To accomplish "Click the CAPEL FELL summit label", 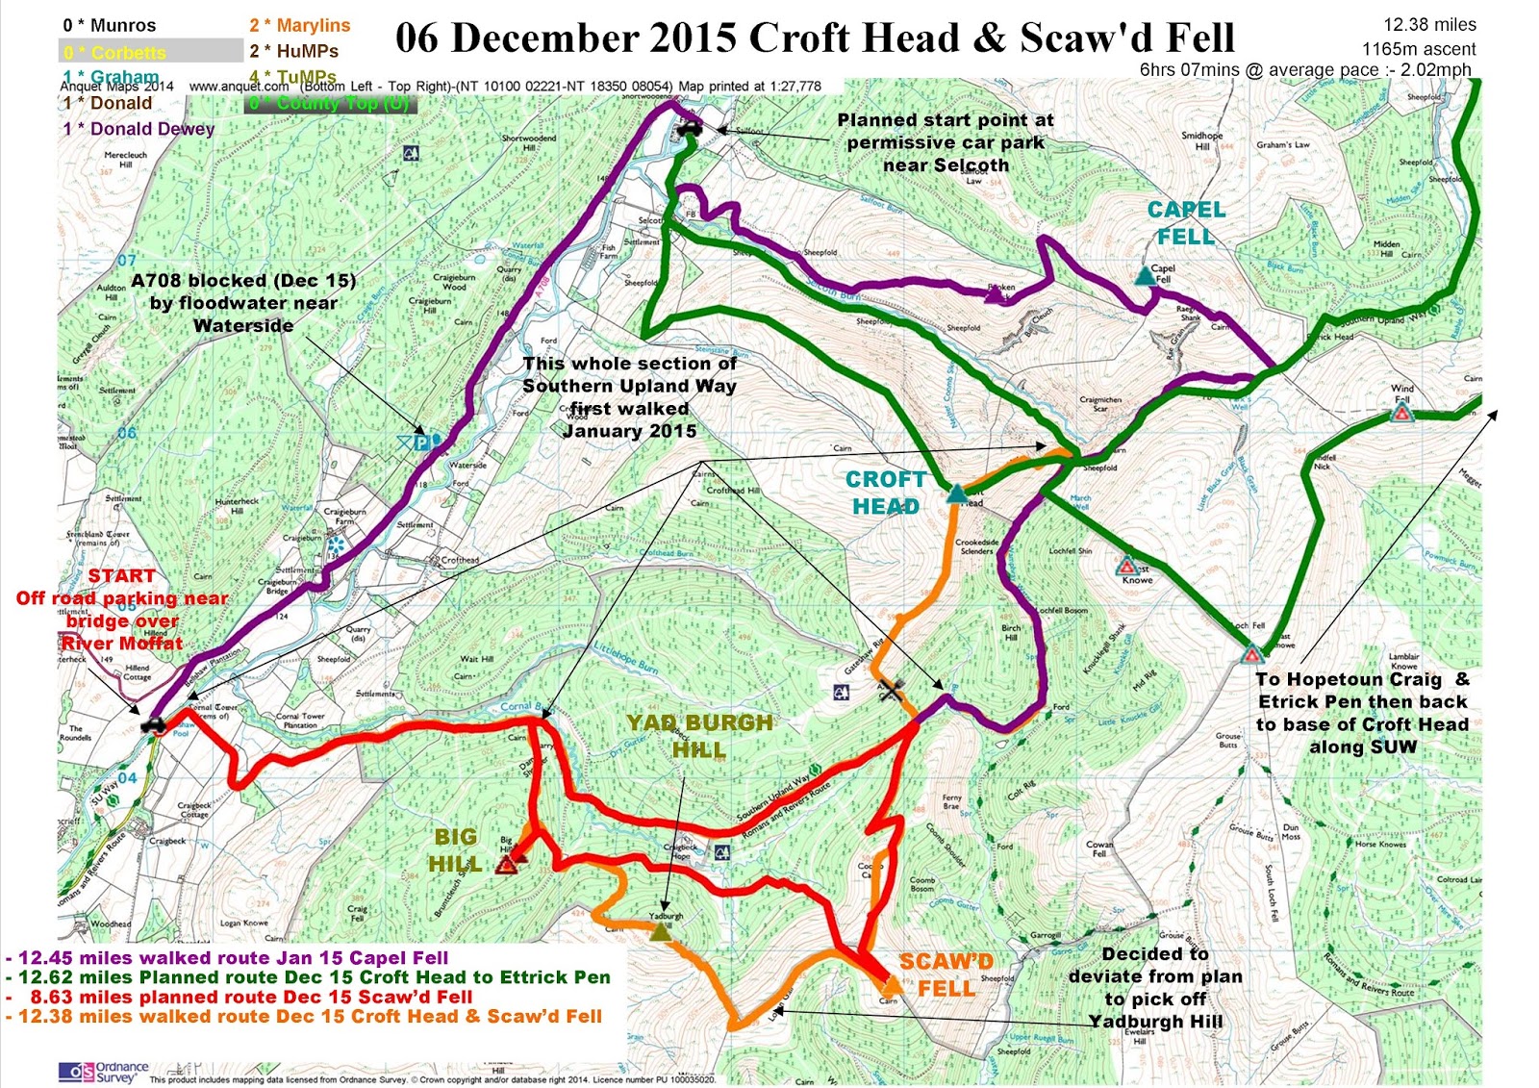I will [x=1186, y=223].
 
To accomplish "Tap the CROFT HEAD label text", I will [x=885, y=493].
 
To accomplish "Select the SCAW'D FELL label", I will [x=946, y=974].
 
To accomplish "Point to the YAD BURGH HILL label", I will [x=699, y=736].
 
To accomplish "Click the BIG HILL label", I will [x=455, y=850].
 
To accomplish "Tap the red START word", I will [x=121, y=576].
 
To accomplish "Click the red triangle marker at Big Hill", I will [x=507, y=864].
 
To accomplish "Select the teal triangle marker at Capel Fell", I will [x=1144, y=276].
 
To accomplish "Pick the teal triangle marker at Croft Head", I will [x=956, y=494].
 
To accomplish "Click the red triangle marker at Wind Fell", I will [x=1401, y=414].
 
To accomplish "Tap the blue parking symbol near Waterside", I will [x=421, y=443].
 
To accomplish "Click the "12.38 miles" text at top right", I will [x=1429, y=25].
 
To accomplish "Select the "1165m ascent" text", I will [x=1419, y=48].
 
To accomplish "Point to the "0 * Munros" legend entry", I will [x=109, y=25].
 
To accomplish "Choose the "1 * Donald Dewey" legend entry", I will [x=139, y=129].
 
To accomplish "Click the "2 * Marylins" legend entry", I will [x=299, y=25].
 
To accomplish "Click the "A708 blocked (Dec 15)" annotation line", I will [x=243, y=281].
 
